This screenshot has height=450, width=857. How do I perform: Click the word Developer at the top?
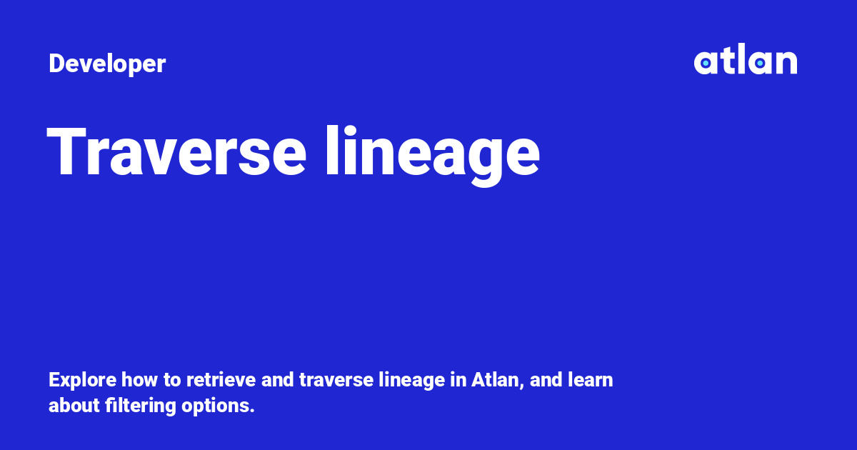[107, 64]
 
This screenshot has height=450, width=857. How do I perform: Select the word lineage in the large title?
[432, 152]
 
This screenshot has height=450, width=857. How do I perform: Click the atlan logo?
[745, 61]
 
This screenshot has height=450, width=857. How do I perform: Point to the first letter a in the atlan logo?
[705, 64]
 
